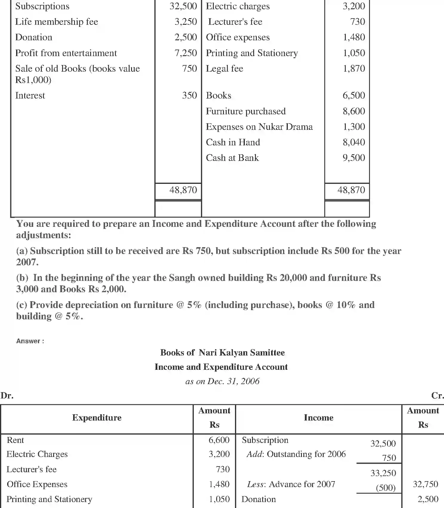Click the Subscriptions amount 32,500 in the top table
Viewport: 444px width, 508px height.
point(183,6)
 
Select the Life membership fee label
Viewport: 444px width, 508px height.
point(56,22)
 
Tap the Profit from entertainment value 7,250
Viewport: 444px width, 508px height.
point(185,53)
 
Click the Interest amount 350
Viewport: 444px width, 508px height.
point(189,96)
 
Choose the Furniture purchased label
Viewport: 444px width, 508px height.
point(245,111)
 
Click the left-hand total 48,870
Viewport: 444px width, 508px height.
point(183,190)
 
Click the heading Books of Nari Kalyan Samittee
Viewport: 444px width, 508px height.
point(222,353)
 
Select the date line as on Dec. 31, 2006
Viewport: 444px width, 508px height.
point(222,381)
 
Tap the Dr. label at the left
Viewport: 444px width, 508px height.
point(7,396)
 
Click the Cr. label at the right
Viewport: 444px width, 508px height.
point(437,396)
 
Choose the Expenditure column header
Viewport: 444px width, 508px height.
point(97,418)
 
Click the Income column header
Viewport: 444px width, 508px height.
point(318,418)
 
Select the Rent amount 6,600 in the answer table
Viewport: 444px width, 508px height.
point(219,440)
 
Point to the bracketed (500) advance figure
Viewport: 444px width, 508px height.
point(385,488)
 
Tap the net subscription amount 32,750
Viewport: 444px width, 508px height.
point(425,484)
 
